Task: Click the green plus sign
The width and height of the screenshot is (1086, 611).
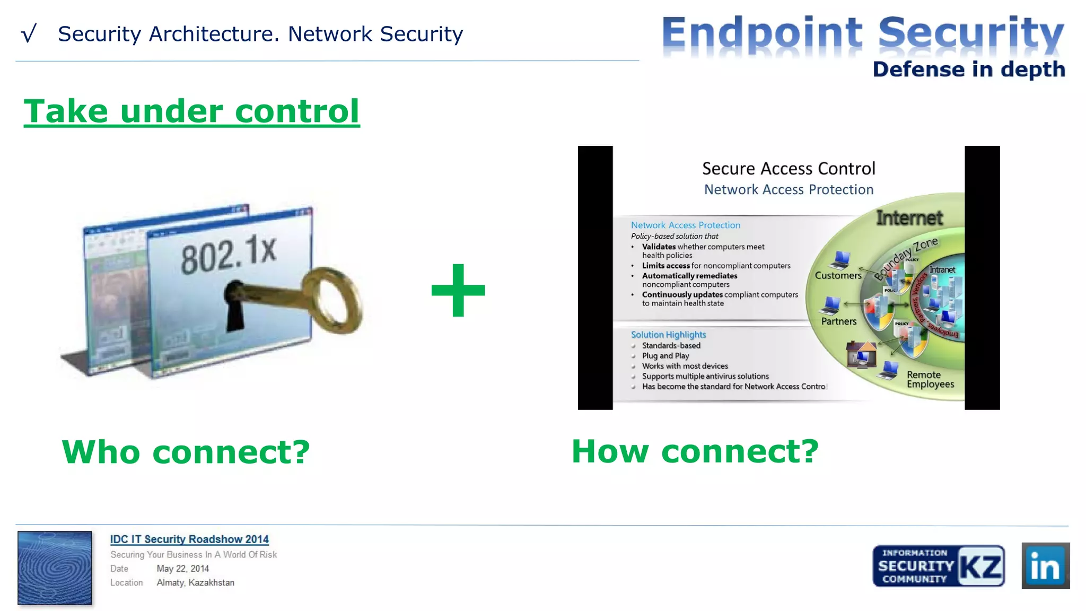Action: point(458,290)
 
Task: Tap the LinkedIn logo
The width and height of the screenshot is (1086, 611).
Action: point(1045,565)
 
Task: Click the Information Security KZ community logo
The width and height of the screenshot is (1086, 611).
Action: point(938,565)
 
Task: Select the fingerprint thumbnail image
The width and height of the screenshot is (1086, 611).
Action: point(55,568)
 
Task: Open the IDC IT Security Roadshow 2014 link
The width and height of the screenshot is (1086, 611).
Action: point(189,539)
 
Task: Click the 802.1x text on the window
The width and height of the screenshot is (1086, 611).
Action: point(229,255)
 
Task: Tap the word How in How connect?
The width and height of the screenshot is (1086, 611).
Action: point(610,451)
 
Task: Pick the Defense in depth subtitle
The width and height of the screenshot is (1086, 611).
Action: point(968,69)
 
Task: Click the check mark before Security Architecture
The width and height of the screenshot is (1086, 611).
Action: point(29,34)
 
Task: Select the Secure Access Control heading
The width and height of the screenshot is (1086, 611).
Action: point(789,169)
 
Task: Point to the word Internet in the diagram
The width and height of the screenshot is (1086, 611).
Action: point(909,218)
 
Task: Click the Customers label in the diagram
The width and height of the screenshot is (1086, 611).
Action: point(838,275)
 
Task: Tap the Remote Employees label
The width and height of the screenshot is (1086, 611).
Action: point(930,379)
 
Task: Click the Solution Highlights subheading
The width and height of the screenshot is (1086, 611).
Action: point(668,335)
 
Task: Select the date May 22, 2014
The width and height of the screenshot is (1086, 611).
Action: point(182,569)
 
